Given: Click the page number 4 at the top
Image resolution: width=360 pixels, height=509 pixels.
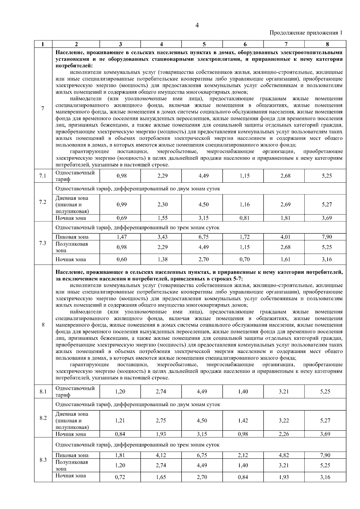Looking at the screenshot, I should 197,25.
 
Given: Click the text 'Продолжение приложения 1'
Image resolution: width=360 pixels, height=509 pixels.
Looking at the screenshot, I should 306,33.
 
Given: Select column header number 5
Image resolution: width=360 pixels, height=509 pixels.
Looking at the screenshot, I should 204,44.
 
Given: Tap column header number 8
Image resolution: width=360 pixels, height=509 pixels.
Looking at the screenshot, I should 327,44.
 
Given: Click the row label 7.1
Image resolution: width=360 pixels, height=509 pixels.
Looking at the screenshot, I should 43,176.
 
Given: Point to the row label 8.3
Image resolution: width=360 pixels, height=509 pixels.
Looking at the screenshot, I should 43,460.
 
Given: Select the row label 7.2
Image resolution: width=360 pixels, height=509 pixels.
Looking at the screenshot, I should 43,202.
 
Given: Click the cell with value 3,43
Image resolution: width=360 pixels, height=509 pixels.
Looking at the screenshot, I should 162,237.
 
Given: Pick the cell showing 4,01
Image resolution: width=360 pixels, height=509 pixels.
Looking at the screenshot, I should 285,237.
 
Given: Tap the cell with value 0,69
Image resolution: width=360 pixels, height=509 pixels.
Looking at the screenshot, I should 121,218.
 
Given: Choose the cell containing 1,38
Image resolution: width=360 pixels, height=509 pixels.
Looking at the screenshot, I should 162,259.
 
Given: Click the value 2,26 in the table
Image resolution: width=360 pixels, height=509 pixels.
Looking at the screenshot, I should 284,434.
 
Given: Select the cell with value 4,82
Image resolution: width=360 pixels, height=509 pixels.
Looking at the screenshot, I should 284,455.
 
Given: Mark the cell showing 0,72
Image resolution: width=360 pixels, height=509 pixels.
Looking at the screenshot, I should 120,477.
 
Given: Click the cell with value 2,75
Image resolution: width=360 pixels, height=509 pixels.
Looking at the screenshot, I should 161,421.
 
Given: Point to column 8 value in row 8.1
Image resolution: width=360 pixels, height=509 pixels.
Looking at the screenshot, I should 325,391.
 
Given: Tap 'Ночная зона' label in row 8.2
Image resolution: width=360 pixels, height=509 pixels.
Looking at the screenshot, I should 70,434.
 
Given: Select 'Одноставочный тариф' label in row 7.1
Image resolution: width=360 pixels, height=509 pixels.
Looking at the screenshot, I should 75,176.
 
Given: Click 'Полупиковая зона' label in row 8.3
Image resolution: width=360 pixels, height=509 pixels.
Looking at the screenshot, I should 72,465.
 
